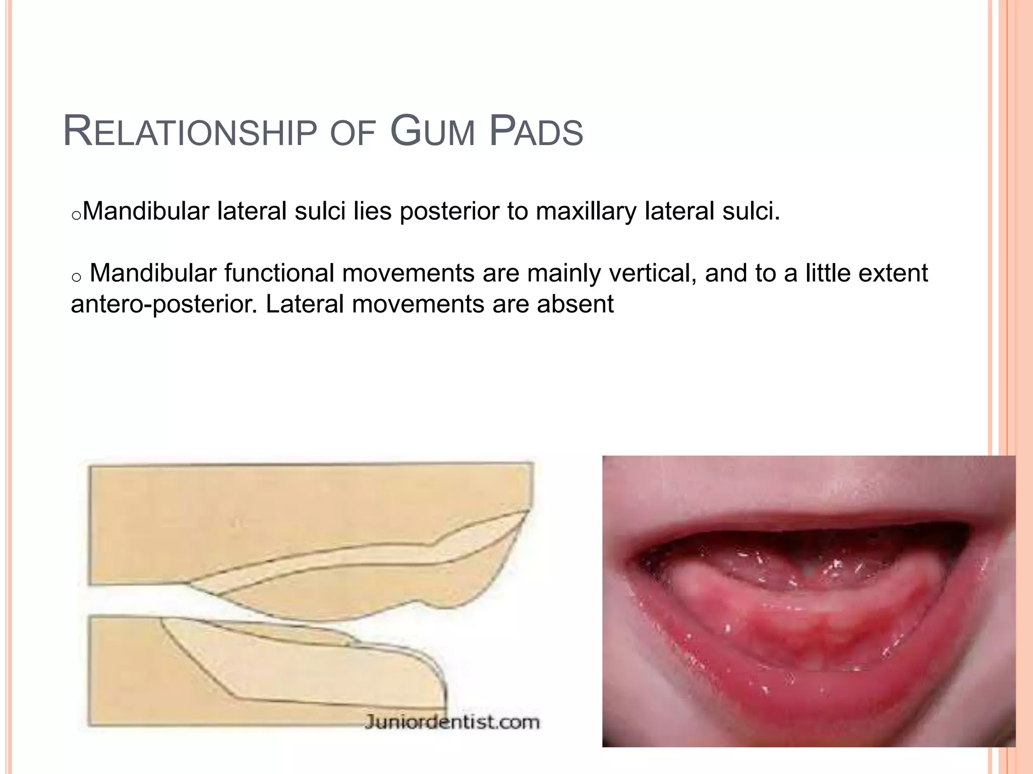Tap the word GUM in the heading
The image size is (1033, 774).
point(433,132)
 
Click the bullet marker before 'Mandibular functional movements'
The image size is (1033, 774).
point(77,278)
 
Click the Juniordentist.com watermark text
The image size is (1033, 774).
point(451,722)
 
